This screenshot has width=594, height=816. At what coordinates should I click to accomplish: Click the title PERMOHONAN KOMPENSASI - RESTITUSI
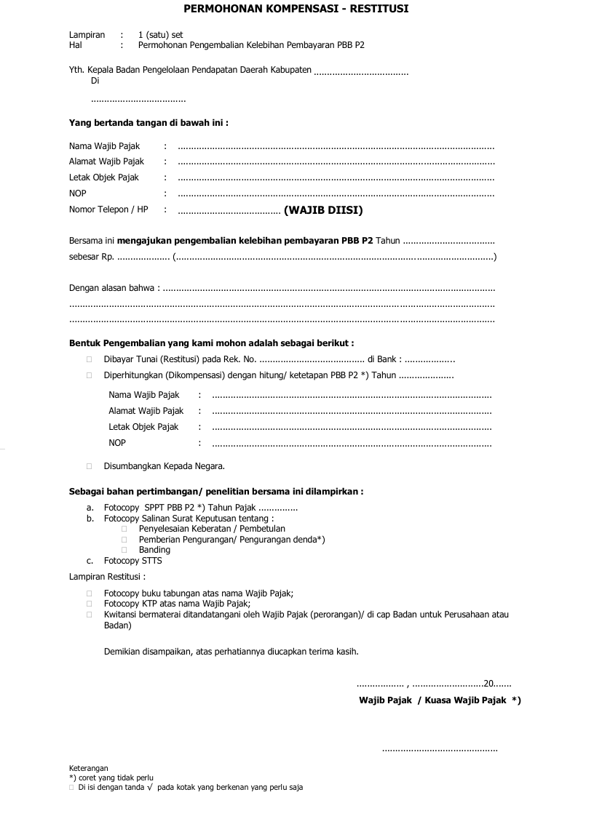point(296,9)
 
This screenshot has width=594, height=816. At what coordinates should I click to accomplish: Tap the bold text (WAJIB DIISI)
point(323,211)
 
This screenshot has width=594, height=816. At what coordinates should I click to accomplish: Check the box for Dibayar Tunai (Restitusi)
point(89,359)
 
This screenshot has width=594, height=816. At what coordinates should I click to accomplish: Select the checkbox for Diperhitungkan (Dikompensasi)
point(89,376)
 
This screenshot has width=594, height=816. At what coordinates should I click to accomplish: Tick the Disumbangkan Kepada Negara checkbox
point(89,465)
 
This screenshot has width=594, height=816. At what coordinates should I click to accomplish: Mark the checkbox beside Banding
point(124,550)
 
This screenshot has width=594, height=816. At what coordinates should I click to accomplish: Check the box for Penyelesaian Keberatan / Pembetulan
point(124,529)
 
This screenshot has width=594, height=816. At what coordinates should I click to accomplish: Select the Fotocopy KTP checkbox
point(89,604)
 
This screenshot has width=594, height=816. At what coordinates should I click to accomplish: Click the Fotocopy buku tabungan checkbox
point(89,593)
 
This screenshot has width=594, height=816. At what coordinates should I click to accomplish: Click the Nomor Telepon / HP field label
point(108,209)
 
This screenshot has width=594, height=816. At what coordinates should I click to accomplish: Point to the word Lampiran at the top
point(87,35)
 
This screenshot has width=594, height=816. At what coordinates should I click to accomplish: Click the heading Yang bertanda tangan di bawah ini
point(148,123)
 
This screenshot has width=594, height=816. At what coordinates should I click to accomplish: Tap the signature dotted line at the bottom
point(440,748)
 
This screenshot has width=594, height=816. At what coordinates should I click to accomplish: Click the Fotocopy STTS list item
point(132,561)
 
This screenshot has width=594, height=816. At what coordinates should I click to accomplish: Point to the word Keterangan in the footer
point(88,768)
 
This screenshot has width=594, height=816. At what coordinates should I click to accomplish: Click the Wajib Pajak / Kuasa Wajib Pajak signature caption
point(439,700)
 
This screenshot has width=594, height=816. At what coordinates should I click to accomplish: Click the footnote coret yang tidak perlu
point(115,777)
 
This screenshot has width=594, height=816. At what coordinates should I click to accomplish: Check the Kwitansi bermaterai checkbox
point(89,615)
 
